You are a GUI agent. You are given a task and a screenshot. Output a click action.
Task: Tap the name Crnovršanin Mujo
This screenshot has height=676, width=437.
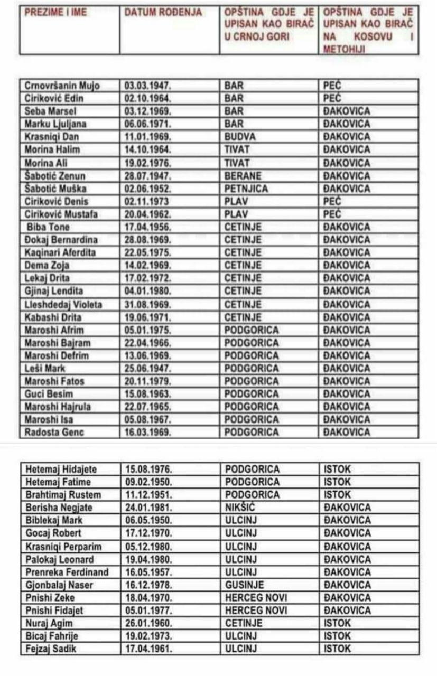click(x=62, y=86)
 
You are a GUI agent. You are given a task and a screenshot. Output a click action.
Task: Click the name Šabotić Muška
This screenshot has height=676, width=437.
click(x=57, y=189)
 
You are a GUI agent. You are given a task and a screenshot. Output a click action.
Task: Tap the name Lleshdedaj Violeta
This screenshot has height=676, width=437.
click(x=63, y=304)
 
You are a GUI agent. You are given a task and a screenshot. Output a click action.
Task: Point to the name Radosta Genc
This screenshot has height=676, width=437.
click(x=54, y=432)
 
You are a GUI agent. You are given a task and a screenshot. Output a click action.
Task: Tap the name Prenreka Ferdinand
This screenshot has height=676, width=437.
click(x=67, y=572)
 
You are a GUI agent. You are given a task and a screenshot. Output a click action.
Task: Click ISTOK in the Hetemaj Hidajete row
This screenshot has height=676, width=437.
click(x=337, y=469)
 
